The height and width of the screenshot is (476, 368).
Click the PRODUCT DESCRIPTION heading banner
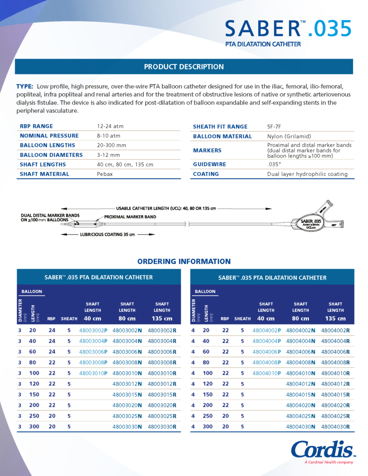click(x=184, y=66)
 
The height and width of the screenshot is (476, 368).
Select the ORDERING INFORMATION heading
click(x=184, y=261)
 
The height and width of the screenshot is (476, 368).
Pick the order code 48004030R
click(x=335, y=427)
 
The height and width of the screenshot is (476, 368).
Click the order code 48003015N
click(x=127, y=394)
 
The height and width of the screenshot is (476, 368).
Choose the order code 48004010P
click(x=266, y=373)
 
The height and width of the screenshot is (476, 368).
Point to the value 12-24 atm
click(x=110, y=126)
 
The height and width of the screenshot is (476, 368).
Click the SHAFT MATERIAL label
click(x=45, y=174)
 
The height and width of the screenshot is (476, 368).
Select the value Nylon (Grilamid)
click(x=286, y=136)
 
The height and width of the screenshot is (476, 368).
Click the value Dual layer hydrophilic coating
click(x=307, y=174)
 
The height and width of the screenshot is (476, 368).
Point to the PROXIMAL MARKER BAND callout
click(x=130, y=217)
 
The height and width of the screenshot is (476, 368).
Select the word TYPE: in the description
click(x=25, y=86)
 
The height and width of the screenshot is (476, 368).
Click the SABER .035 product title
click(x=288, y=29)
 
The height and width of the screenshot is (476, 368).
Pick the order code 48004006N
click(x=301, y=352)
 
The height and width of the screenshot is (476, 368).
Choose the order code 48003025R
click(x=162, y=416)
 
